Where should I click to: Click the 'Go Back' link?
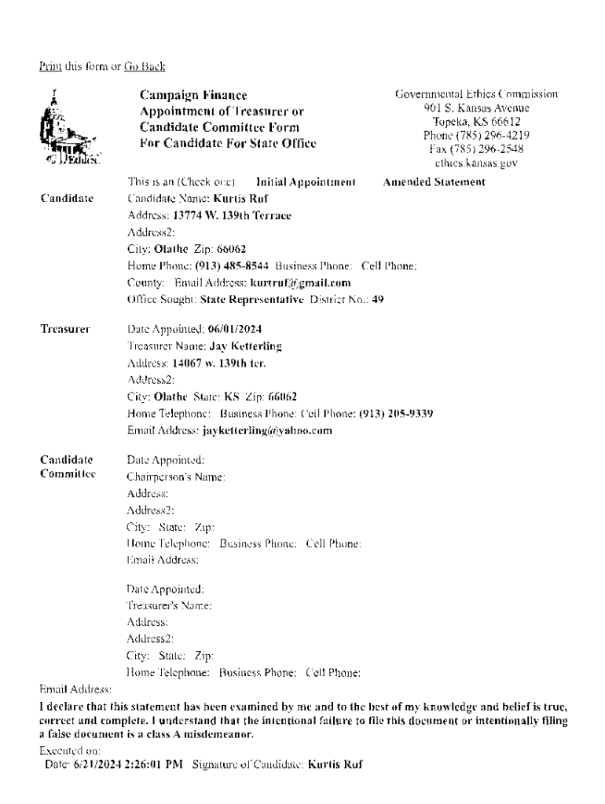[x=145, y=67]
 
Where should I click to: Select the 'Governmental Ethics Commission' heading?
[x=477, y=94]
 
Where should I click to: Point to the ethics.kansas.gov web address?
[x=477, y=163]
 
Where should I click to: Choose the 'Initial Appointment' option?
[x=306, y=182]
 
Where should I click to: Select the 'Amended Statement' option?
[x=434, y=182]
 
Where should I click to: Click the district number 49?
[x=378, y=299]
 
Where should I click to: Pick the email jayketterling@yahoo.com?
[x=267, y=430]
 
